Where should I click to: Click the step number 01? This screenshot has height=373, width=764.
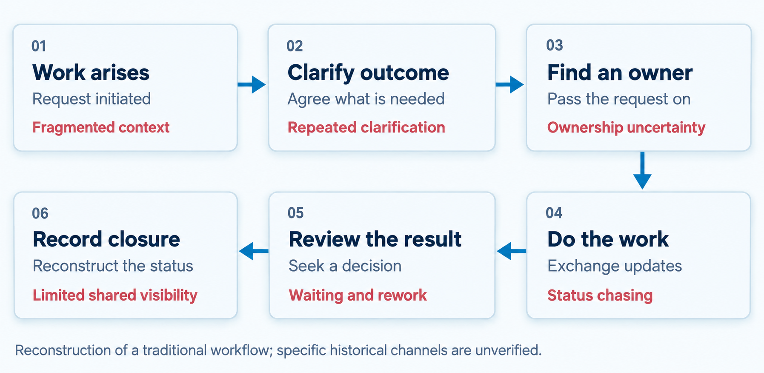click(39, 46)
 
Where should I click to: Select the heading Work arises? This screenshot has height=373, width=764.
click(91, 72)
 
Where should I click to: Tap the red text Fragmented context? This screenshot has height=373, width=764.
click(101, 127)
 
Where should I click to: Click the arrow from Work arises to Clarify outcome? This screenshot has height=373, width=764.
click(252, 84)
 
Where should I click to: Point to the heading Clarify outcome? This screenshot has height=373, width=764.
click(368, 72)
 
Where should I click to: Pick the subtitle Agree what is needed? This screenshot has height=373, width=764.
click(366, 99)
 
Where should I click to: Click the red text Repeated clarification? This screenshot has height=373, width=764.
click(366, 127)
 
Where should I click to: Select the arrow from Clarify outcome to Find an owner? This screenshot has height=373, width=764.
click(509, 84)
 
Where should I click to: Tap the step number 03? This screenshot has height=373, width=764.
click(555, 45)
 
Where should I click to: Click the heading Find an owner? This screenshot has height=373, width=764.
click(620, 72)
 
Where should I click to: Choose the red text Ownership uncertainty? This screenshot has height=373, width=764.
click(626, 127)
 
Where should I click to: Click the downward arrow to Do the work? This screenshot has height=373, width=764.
click(642, 170)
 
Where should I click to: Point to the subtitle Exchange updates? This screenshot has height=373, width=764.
click(615, 266)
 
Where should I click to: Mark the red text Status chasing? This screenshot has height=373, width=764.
click(600, 295)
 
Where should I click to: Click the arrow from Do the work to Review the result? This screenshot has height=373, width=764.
click(511, 251)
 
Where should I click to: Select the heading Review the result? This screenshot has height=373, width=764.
click(375, 239)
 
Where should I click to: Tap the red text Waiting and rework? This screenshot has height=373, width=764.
click(358, 295)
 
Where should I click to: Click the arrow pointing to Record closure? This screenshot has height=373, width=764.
click(254, 251)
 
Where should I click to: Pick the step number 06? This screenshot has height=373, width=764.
click(40, 213)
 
